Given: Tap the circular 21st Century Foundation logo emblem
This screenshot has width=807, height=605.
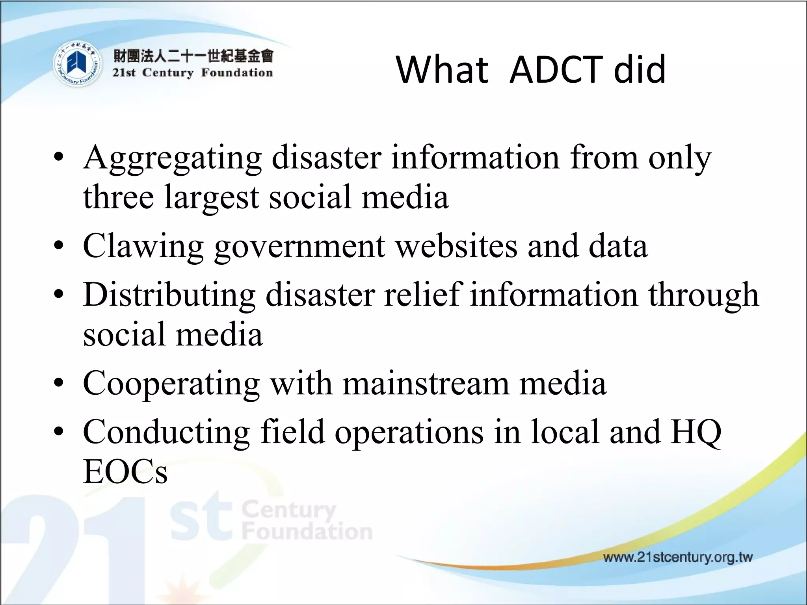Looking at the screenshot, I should point(76,64).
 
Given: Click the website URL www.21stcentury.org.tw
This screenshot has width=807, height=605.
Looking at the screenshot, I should point(678,557).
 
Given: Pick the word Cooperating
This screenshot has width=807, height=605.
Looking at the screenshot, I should point(171,384).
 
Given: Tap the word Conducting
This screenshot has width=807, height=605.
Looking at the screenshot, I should point(166,432).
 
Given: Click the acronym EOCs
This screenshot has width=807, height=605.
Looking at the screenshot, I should point(125,472).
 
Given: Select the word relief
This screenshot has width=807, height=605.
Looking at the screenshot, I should point(422,295).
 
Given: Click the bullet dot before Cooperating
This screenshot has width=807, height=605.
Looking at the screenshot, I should point(59,383).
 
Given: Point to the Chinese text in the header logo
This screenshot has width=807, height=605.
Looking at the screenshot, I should point(193,56).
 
